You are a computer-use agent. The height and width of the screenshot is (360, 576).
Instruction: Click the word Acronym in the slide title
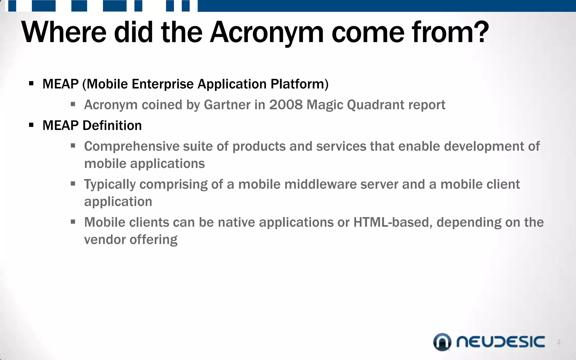coord(267,32)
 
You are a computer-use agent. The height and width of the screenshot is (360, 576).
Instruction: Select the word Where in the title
coord(64,32)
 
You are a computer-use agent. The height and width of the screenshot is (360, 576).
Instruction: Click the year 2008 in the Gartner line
coord(286,105)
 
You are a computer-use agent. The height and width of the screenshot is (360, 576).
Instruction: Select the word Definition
coord(112,125)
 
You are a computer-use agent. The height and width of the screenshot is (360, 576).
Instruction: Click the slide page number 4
coord(559,342)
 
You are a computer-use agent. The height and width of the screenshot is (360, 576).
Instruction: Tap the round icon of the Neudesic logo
coord(442,342)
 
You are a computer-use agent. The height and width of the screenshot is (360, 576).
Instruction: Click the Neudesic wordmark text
coord(501,342)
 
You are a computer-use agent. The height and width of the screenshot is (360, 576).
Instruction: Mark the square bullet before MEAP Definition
coord(31,125)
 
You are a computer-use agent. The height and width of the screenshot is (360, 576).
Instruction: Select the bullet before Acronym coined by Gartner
coord(73,104)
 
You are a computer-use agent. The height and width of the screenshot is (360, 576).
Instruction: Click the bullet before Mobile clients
coord(73,222)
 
